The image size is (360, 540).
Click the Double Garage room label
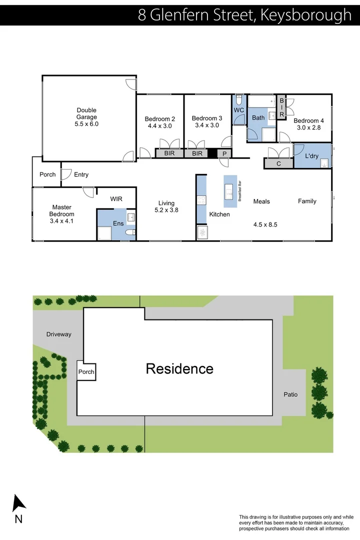(86, 110)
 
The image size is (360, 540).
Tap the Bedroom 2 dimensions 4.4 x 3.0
(160, 126)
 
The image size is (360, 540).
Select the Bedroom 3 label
(206, 118)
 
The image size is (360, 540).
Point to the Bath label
(258, 118)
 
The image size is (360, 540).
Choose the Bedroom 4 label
(308, 120)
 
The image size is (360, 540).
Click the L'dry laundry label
(311, 156)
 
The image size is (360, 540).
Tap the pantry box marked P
(224, 153)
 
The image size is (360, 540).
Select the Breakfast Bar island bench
(230, 191)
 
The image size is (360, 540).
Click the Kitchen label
(219, 214)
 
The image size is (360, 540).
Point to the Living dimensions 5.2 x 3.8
(166, 210)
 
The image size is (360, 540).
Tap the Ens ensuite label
(118, 223)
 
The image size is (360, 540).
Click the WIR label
(116, 199)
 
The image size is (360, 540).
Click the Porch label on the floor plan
(47, 174)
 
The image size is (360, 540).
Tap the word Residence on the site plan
(179, 369)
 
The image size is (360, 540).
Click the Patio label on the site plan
(290, 394)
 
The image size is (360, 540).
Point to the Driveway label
(59, 334)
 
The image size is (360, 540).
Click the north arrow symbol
(19, 503)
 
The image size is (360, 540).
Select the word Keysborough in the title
(306, 15)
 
